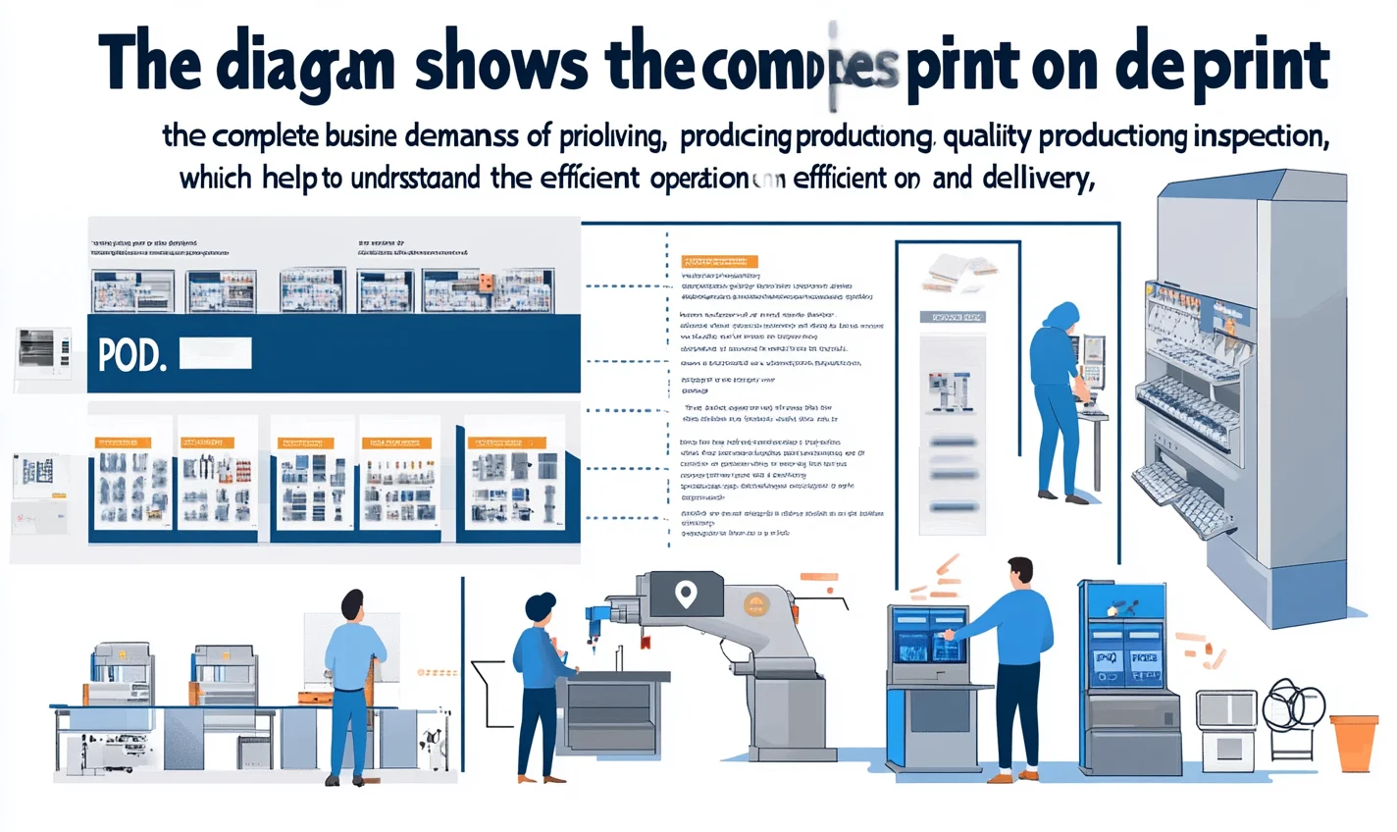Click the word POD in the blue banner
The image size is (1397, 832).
coord(130,356)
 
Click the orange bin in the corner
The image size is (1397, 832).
coord(1354,742)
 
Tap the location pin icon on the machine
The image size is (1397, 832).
coord(686,594)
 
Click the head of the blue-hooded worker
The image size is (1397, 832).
coord(1061,316)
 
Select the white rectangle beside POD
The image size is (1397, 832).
coord(216,353)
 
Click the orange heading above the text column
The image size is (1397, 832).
coord(719,262)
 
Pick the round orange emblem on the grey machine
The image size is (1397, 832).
coord(755,604)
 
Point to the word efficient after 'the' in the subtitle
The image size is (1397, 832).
coord(588,179)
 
